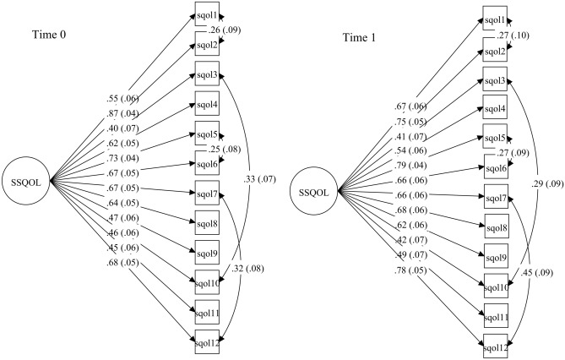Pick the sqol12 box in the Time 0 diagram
click(207, 342)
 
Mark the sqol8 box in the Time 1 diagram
click(495, 226)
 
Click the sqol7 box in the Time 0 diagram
click(207, 194)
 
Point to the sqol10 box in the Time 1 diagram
click(495, 287)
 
